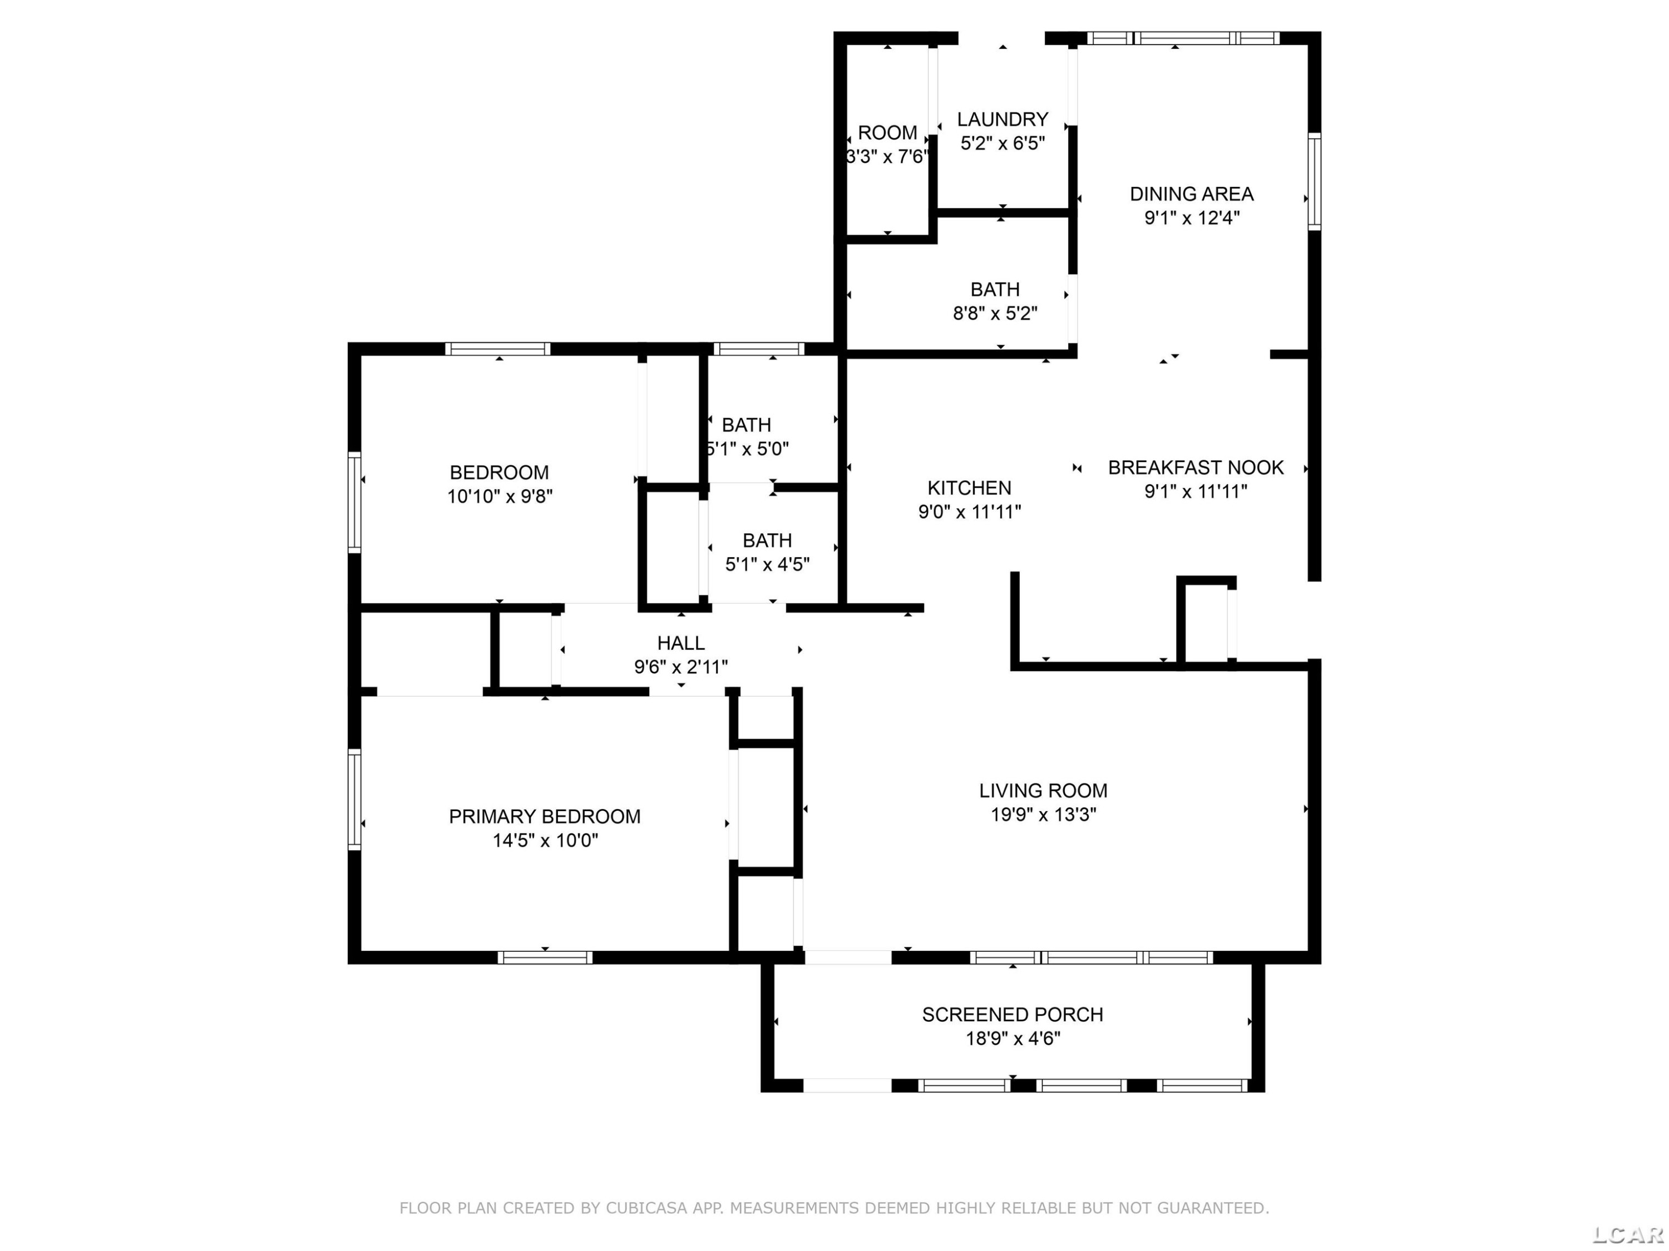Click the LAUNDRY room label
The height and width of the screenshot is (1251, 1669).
point(1002,119)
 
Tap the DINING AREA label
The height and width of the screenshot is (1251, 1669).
point(1192,194)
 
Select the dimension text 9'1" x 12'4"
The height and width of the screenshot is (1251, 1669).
point(1192,218)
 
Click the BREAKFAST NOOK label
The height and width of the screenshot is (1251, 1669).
point(1196,468)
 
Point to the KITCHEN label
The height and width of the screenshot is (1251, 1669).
point(970,488)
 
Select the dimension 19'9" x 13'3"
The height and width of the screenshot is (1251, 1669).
point(1044,815)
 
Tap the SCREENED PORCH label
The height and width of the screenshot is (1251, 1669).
point(1013,1014)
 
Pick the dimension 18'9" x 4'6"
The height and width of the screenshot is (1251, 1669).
point(1013,1039)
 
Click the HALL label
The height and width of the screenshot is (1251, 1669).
point(680,643)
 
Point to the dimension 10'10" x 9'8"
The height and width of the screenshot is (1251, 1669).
point(500,496)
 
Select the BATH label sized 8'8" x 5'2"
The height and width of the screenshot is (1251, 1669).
point(995,290)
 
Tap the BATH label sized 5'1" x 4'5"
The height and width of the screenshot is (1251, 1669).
point(767,540)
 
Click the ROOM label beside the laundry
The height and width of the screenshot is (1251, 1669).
point(887,133)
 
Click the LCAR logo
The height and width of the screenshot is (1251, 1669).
point(1627,1234)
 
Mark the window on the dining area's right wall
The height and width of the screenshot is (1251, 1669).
point(1315,182)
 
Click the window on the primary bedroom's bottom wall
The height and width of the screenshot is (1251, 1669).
point(545,957)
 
